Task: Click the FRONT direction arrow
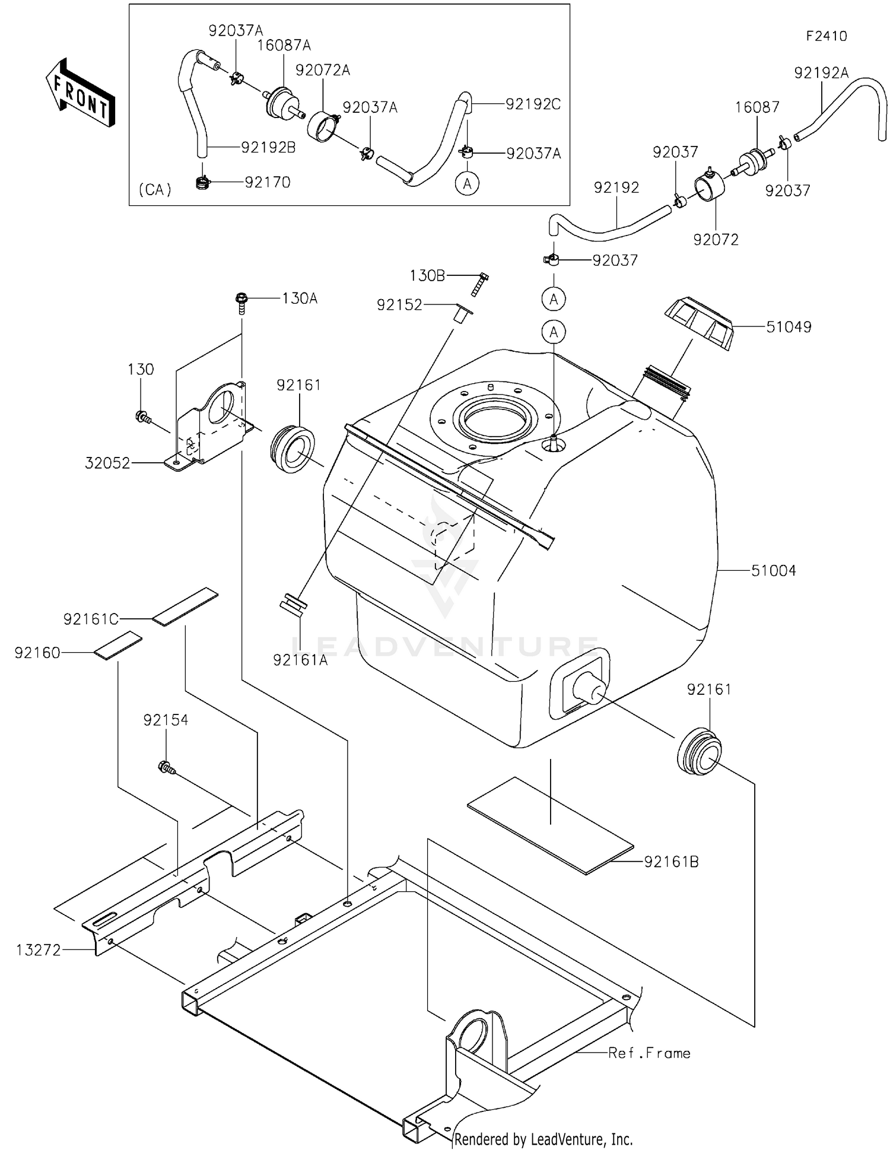(x=80, y=93)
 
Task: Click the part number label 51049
(x=789, y=327)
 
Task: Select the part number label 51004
(x=773, y=571)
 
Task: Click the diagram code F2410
(x=826, y=36)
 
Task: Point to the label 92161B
(x=671, y=862)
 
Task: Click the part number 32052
(x=107, y=463)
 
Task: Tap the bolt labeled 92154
(x=166, y=767)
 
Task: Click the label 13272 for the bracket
(x=38, y=950)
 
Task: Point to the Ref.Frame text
(x=649, y=1053)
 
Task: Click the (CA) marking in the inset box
(x=155, y=189)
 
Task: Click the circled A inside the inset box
(x=467, y=184)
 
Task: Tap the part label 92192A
(x=821, y=73)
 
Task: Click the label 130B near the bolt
(x=427, y=276)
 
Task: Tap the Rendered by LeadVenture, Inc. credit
(x=543, y=1139)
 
